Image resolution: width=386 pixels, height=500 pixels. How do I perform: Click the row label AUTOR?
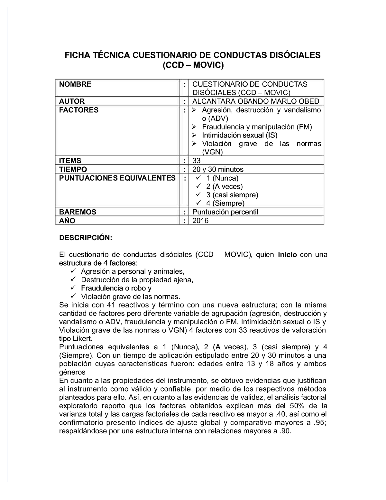click(72, 101)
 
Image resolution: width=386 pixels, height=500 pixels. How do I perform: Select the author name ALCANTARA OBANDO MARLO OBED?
click(256, 101)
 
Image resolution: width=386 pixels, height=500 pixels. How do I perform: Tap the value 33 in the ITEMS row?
click(196, 161)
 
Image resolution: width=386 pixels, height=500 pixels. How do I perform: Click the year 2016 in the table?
click(200, 221)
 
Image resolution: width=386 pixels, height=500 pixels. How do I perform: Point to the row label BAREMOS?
click(78, 212)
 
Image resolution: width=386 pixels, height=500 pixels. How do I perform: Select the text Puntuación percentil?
click(225, 212)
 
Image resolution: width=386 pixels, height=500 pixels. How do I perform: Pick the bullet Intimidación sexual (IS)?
click(240, 135)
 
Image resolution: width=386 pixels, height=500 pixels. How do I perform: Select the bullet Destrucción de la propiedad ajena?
click(137, 280)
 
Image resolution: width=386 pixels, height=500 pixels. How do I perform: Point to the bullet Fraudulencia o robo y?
click(116, 288)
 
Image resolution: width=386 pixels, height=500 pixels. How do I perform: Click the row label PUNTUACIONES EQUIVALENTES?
click(117, 178)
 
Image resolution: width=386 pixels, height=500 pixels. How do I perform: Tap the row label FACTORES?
click(79, 110)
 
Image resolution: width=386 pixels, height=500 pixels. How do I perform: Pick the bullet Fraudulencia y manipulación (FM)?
click(257, 127)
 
